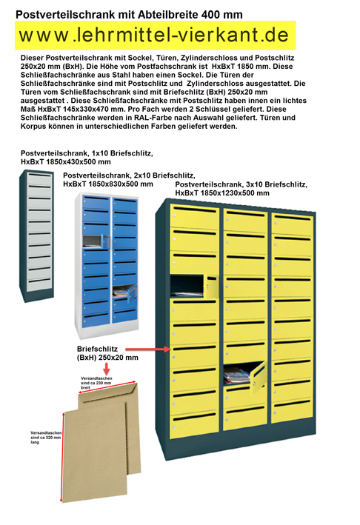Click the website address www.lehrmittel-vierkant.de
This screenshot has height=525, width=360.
pos(153,35)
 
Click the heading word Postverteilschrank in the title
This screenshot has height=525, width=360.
pos(61,14)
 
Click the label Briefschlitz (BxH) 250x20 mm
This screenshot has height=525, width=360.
pos(107,352)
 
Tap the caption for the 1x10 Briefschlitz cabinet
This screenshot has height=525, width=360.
pos(87,156)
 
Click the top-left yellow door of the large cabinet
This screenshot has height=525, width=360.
pos(194,218)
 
